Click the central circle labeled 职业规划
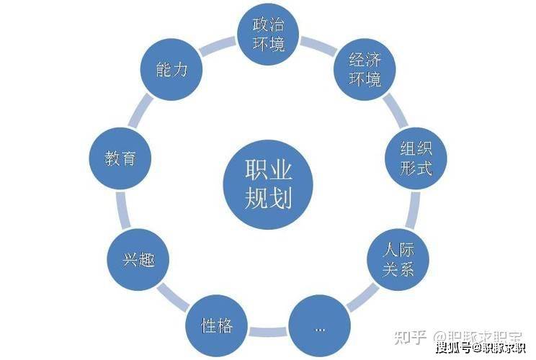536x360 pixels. (267, 179)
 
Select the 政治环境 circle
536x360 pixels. (268, 35)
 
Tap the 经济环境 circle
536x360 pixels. (364, 70)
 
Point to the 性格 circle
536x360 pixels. (216, 325)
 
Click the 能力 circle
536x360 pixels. (171, 70)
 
